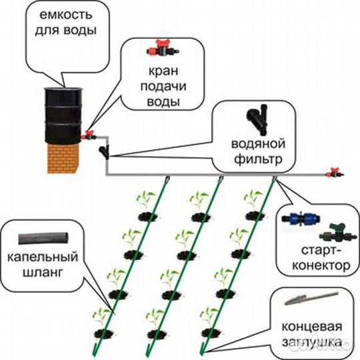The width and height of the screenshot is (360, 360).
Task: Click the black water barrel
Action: [63, 116]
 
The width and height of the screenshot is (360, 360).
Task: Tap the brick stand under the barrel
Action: [63, 159]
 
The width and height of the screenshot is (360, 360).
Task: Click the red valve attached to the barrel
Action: [89, 135]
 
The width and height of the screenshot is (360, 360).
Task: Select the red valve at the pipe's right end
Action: [335, 173]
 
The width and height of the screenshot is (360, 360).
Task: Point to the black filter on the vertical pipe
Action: [105, 151]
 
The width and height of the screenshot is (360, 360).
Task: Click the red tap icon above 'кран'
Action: [163, 48]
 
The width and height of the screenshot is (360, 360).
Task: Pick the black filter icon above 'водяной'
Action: [257, 120]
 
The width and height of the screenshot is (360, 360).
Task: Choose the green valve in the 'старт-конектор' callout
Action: [335, 233]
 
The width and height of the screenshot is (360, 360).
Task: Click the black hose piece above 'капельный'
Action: [43, 239]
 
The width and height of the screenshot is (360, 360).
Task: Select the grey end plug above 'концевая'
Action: [311, 299]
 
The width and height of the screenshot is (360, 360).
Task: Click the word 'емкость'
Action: [66, 15]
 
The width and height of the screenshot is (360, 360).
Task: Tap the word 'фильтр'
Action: [258, 159]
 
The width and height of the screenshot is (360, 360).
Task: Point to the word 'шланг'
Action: [43, 273]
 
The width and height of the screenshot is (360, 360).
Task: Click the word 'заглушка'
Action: [311, 342]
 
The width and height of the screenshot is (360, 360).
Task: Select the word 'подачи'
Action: [163, 87]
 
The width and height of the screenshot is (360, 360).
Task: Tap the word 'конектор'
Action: [321, 266]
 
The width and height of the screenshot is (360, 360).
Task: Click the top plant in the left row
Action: [147, 205]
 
